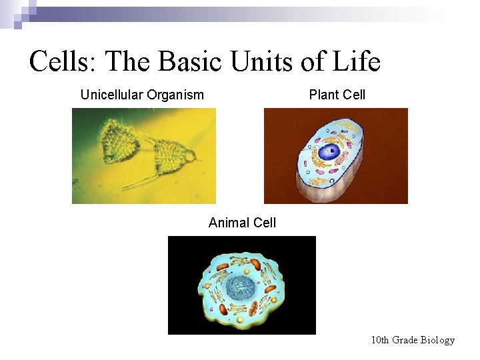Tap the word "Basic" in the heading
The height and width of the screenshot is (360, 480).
(x=189, y=62)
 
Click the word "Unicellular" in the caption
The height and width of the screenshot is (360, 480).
(x=111, y=95)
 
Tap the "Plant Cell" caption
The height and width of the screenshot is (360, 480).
(x=337, y=95)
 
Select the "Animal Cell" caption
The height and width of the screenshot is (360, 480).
(x=242, y=223)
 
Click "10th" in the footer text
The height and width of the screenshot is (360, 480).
(x=380, y=340)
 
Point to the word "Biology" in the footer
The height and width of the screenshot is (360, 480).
(x=438, y=340)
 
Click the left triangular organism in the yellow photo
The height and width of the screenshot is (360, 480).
(x=119, y=144)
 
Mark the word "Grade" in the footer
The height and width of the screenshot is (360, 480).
(x=405, y=340)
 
